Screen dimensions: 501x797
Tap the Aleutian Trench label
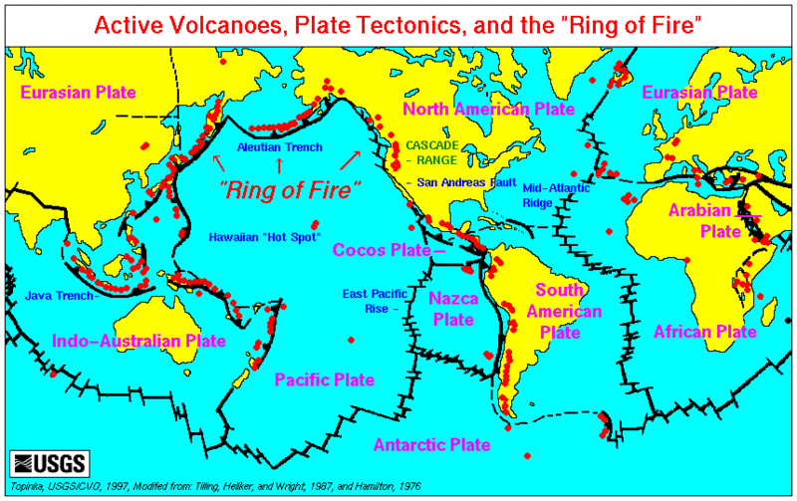[279, 147]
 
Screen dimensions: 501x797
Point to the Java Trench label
[58, 295]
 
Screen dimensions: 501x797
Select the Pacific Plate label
[324, 379]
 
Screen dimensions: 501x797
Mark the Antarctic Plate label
[431, 444]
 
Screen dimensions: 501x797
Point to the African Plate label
[705, 331]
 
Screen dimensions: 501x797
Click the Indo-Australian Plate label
[137, 341]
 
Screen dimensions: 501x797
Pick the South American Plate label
[568, 311]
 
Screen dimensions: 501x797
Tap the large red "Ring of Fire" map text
[290, 188]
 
